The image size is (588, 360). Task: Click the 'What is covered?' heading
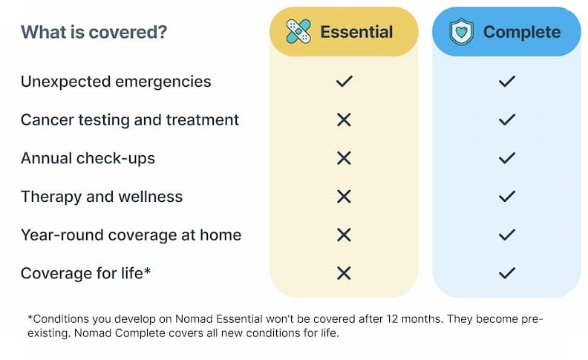pos(94,33)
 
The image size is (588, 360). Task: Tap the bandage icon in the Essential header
pos(299,32)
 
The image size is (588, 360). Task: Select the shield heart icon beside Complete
pos(462,32)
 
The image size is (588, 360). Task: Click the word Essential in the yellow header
pos(356,32)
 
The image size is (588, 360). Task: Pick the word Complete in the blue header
pos(521,32)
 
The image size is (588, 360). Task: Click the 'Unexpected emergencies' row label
pos(116,82)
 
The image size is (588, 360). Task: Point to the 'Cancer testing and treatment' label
pos(130,120)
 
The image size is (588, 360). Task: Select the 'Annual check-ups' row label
pos(88,158)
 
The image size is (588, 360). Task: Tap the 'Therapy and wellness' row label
pos(102,197)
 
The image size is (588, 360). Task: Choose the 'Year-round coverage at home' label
pos(131,235)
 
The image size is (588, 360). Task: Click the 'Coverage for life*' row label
pos(86,273)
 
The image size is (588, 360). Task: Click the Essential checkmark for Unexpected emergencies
pos(344,82)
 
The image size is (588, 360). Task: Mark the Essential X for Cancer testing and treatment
pos(344,120)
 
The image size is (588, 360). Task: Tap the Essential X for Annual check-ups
pos(344,158)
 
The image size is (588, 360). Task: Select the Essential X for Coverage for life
pos(344,273)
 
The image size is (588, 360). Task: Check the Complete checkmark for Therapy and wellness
pos(507,197)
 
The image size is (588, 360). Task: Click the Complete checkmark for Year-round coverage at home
pos(507,235)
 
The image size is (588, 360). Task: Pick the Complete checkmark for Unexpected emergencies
pos(507,82)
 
